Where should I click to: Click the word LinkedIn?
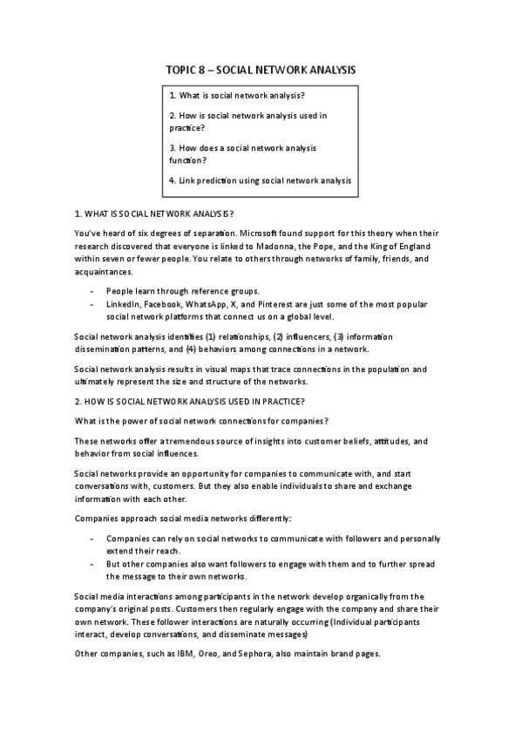pyautogui.click(x=123, y=303)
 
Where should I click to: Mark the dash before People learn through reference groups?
pyautogui.click(x=92, y=290)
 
